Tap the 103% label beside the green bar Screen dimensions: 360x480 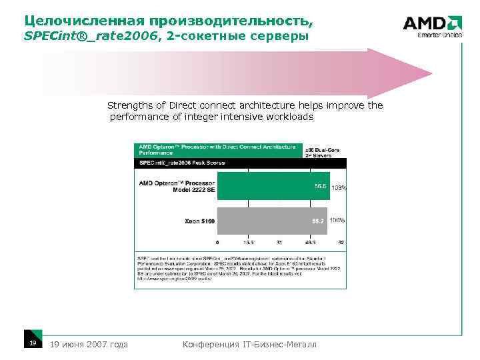[x=339, y=188]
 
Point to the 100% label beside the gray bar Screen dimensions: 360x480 [x=337, y=219]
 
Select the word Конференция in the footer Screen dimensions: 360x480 [x=210, y=344]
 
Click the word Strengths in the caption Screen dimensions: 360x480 [x=129, y=105]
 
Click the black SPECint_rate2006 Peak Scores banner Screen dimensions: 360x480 [x=241, y=163]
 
